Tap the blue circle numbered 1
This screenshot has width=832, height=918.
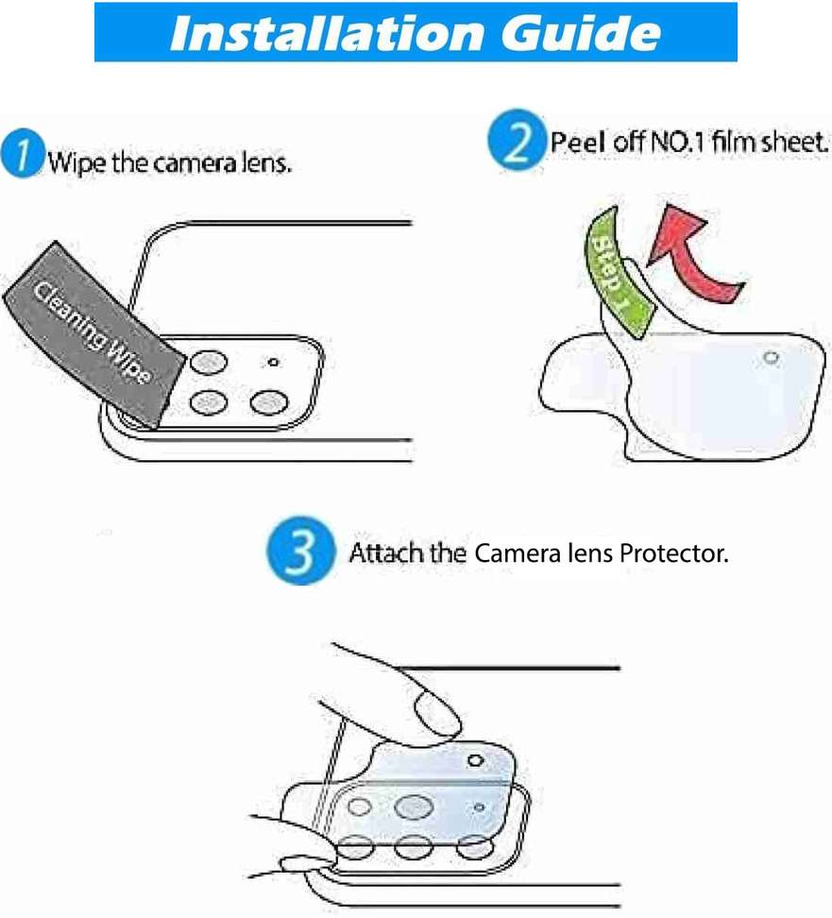23,153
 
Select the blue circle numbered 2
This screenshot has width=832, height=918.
516,141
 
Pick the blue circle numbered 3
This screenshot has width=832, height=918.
301,551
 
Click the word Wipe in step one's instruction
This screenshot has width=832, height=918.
77,162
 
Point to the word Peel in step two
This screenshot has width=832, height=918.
577,142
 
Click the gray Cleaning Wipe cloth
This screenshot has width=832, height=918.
93,333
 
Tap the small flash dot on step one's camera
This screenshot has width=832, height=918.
273,363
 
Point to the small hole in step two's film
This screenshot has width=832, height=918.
772,357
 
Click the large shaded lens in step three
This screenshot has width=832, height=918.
414,807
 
